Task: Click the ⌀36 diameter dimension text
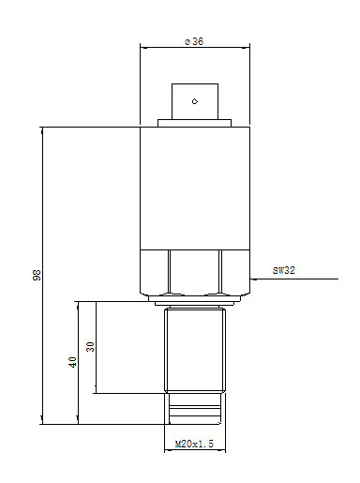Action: coord(194,41)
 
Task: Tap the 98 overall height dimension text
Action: coord(37,275)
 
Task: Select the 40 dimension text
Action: coord(72,362)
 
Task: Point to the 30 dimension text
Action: coord(90,346)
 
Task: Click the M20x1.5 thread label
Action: coord(194,444)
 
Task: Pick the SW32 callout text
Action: coord(284,270)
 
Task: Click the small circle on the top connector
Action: coord(195,101)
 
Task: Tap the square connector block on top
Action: coord(195,101)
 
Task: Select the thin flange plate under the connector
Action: coord(194,123)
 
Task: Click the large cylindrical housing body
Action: coord(195,189)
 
